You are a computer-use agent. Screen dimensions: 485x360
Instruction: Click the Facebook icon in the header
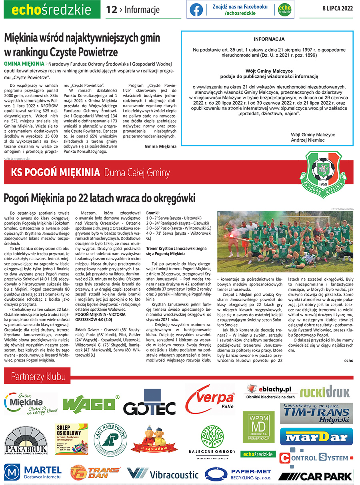coord(196,10)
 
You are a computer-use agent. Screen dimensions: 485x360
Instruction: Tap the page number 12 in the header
coord(111,10)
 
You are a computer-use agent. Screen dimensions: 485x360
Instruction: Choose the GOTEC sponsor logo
coord(149,405)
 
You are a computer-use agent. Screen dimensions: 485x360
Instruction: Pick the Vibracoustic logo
coord(162,474)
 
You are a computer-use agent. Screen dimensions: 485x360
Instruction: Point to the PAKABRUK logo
coord(26,445)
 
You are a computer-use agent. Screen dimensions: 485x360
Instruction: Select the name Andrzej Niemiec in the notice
coord(307,140)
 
